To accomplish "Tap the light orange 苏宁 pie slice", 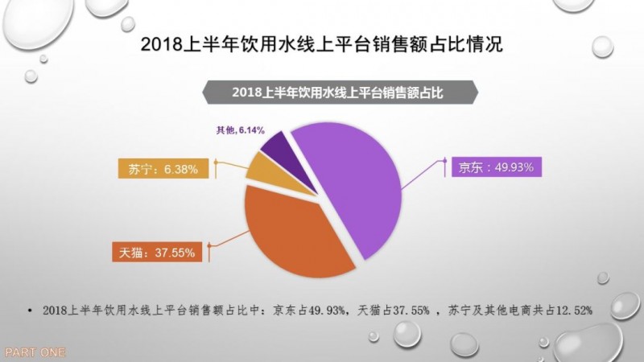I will pyautogui.click(x=261, y=167).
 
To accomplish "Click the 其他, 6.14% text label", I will pyautogui.click(x=241, y=130).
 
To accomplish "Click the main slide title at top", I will pyautogui.click(x=321, y=45).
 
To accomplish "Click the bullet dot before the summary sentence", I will pyautogui.click(x=29, y=310).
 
